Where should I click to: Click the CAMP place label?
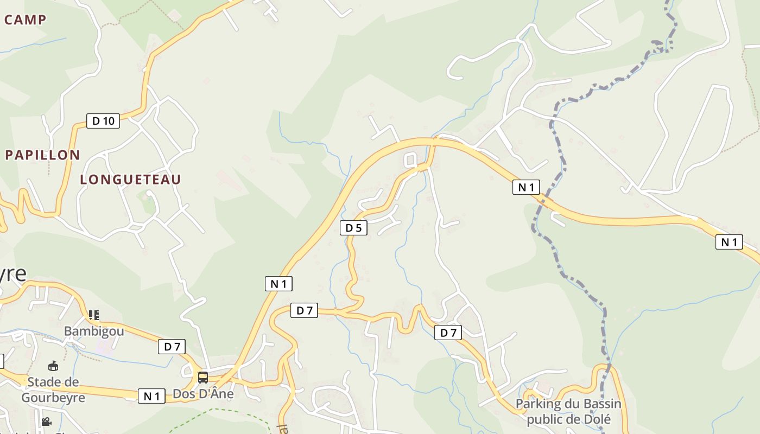click(25, 20)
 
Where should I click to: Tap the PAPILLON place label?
click(42, 155)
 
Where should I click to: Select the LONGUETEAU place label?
click(130, 180)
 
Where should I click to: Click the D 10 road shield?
click(103, 121)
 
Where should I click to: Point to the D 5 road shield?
click(353, 228)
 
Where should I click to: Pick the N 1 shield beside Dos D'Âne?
click(151, 396)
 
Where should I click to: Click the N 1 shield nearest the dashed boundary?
click(526, 187)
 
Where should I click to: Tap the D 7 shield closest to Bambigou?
click(172, 346)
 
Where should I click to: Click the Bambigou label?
click(94, 331)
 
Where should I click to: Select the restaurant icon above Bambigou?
click(94, 315)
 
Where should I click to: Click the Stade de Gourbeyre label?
click(53, 390)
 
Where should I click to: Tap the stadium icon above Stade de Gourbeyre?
click(53, 366)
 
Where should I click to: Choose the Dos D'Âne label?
click(203, 394)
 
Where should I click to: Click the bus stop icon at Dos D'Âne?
click(203, 378)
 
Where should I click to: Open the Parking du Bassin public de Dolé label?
click(568, 411)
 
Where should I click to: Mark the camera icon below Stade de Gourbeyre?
click(47, 422)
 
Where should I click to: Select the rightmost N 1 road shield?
click(729, 242)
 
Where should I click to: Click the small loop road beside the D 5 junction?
click(410, 160)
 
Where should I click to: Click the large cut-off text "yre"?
click(13, 275)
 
